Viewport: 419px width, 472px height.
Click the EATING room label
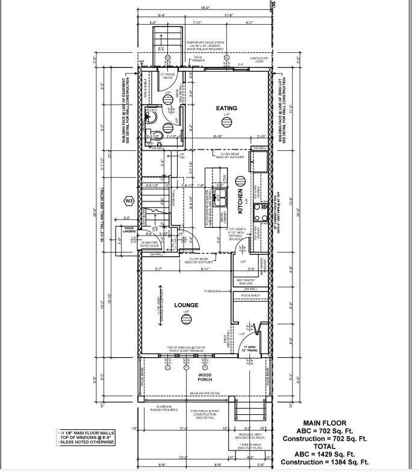coord(227,108)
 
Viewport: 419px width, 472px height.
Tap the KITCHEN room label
coord(239,203)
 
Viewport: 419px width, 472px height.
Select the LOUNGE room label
coord(186,305)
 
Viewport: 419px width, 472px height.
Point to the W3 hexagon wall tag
coord(128,200)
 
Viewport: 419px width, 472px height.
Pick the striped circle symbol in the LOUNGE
coord(186,319)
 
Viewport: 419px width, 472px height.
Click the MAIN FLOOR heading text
coord(324,423)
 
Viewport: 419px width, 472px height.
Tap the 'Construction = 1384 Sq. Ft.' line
coord(325,462)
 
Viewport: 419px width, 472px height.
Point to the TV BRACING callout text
coord(213,290)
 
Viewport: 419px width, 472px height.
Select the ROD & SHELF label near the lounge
coord(250,295)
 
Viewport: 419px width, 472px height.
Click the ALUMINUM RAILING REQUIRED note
coord(161,408)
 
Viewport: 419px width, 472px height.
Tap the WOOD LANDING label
coord(130,230)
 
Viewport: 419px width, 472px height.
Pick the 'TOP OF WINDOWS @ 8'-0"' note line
coord(85,437)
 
